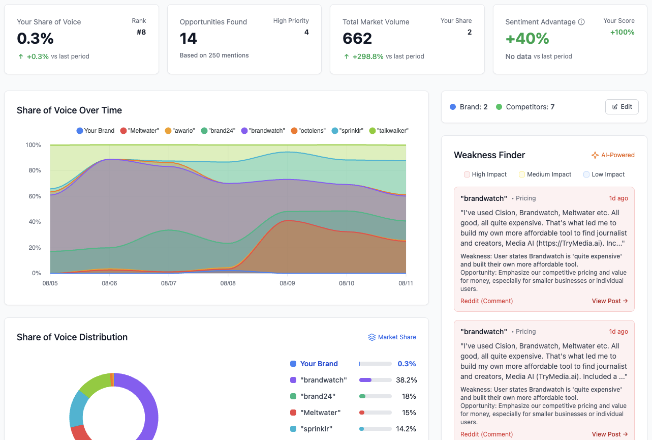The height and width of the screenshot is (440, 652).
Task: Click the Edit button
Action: coord(622,107)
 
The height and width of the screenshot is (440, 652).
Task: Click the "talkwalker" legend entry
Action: coord(389,131)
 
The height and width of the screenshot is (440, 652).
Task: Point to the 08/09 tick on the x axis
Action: coord(287,283)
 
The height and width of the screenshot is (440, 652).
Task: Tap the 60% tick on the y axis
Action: coord(33,196)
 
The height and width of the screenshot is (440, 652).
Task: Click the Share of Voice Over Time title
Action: coord(69,110)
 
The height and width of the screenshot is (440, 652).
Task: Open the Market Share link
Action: coord(392,337)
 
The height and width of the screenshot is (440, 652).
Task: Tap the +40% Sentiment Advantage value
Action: coord(527,39)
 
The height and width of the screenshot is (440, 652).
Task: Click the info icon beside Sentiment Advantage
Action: coord(581,22)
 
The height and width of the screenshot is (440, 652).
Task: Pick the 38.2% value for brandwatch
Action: coord(406,380)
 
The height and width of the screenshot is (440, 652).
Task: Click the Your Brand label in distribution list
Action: coord(319,364)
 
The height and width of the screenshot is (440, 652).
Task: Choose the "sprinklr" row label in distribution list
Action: coord(316,429)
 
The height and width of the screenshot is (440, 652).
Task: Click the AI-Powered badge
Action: coord(613,155)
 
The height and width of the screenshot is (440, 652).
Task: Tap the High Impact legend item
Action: coord(485,174)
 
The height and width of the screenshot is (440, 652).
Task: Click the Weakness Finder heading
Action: coord(489,155)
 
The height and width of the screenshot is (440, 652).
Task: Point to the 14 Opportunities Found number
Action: coord(189,39)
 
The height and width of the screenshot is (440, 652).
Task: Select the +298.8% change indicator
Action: coord(368,56)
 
